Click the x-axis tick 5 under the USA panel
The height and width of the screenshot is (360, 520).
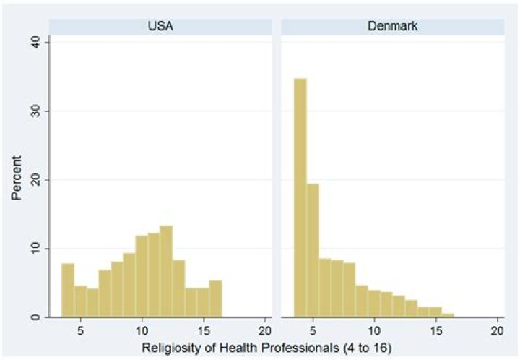click(80, 329)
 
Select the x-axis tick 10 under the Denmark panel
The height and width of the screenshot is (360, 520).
click(373, 329)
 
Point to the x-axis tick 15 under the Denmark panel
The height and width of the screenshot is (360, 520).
click(435, 329)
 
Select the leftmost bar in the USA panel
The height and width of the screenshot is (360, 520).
click(67, 291)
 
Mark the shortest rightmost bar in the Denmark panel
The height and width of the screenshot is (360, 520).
click(448, 315)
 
